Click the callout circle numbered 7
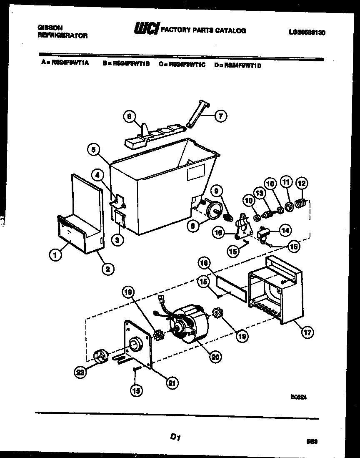tap(220, 116)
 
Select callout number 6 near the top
tap(130, 117)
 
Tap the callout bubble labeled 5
tap(94, 149)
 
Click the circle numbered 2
tap(107, 269)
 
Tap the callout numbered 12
tap(302, 182)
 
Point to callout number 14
tap(285, 229)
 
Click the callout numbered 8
tap(193, 226)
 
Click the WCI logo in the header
tap(146, 30)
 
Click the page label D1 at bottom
tap(175, 437)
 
